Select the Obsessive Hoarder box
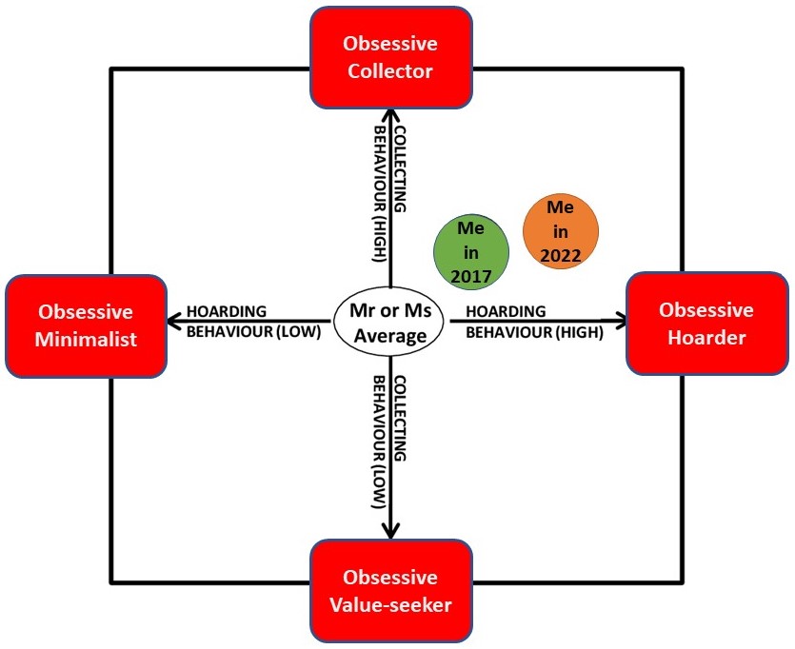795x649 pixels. tap(706, 323)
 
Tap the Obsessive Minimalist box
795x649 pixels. tap(86, 324)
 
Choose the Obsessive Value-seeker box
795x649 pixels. tap(389, 590)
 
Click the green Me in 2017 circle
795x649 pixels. tap(471, 251)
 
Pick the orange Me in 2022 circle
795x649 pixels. tap(561, 231)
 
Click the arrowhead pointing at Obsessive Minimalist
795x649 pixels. tap(172, 321)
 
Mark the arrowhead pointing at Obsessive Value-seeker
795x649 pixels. tap(389, 531)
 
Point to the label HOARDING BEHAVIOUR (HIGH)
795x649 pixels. tap(534, 322)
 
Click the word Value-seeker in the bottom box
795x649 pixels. tap(390, 603)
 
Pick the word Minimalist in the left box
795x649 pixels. tap(87, 339)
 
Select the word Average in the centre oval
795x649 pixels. tap(391, 335)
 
